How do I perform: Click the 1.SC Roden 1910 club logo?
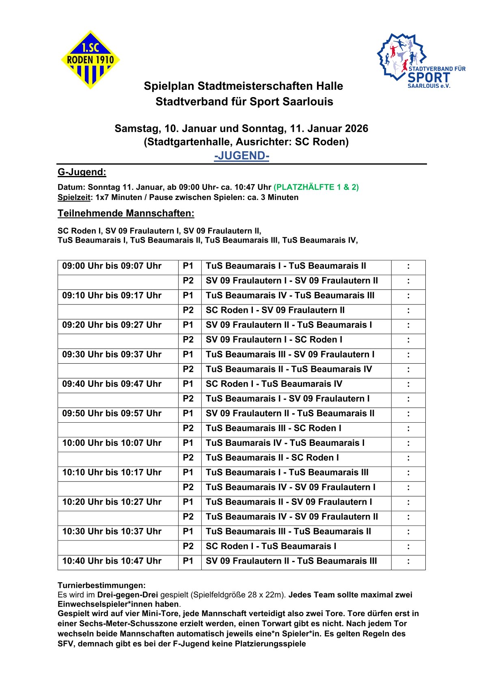coord(90,60)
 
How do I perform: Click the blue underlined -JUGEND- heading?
coord(241,156)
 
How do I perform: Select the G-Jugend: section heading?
coord(82,172)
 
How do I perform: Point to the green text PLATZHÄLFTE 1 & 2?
coord(316,187)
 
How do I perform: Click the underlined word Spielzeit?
coord(74,198)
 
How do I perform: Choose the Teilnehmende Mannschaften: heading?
coord(126,213)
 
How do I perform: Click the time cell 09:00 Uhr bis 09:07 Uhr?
coord(112,266)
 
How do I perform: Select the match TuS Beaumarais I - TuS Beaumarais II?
coord(286,266)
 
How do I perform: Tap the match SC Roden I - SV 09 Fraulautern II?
coord(275,310)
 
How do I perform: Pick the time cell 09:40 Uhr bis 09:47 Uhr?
coord(112,384)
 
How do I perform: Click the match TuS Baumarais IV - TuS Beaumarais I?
coord(285,443)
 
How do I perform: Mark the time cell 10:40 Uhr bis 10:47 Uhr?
coord(112,561)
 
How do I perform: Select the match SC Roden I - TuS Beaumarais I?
coord(271,546)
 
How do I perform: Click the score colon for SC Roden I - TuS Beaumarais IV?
coord(408,384)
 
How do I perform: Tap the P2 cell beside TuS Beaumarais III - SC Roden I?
coord(188,428)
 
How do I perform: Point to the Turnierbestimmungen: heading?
coord(101,585)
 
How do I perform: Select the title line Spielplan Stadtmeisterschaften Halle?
coord(244,86)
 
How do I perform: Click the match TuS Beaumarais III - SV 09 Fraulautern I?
coord(290,354)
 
